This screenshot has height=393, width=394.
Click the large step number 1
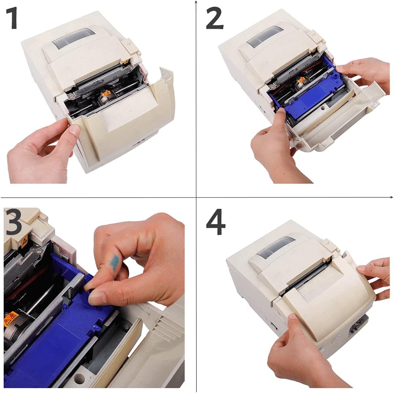pos(12,18)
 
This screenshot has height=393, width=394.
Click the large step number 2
pos(214,18)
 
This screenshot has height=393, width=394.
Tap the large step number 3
pos(13,222)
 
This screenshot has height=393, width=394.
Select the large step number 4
pos(216,222)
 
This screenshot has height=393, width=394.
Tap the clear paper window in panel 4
pos(275,247)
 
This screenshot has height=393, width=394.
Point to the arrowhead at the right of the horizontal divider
pos(392,197)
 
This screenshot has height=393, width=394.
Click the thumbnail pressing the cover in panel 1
pos(74,130)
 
